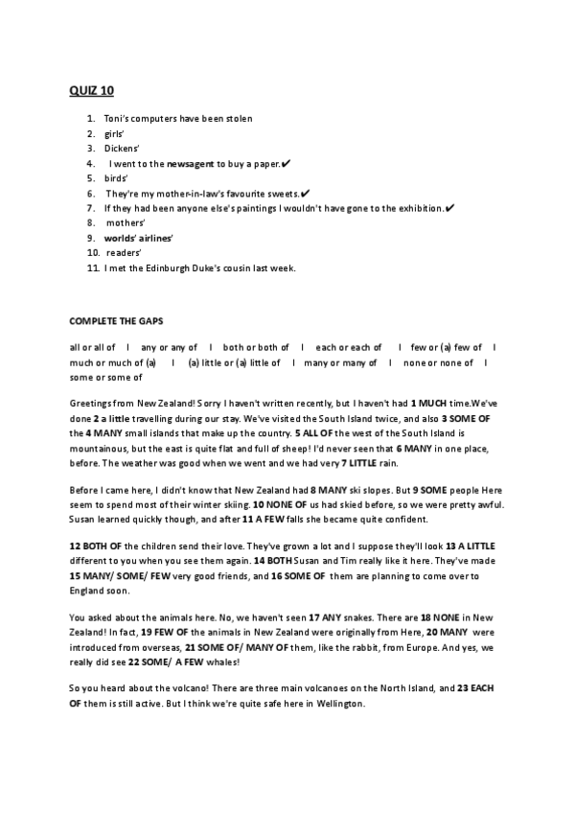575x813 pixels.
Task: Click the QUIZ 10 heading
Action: pyautogui.click(x=91, y=91)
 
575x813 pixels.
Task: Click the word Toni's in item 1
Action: pyautogui.click(x=117, y=119)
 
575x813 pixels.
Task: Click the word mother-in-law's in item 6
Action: pyautogui.click(x=196, y=194)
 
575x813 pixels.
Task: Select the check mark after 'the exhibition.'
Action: pyautogui.click(x=450, y=208)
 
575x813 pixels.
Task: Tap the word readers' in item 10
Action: pyautogui.click(x=124, y=253)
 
